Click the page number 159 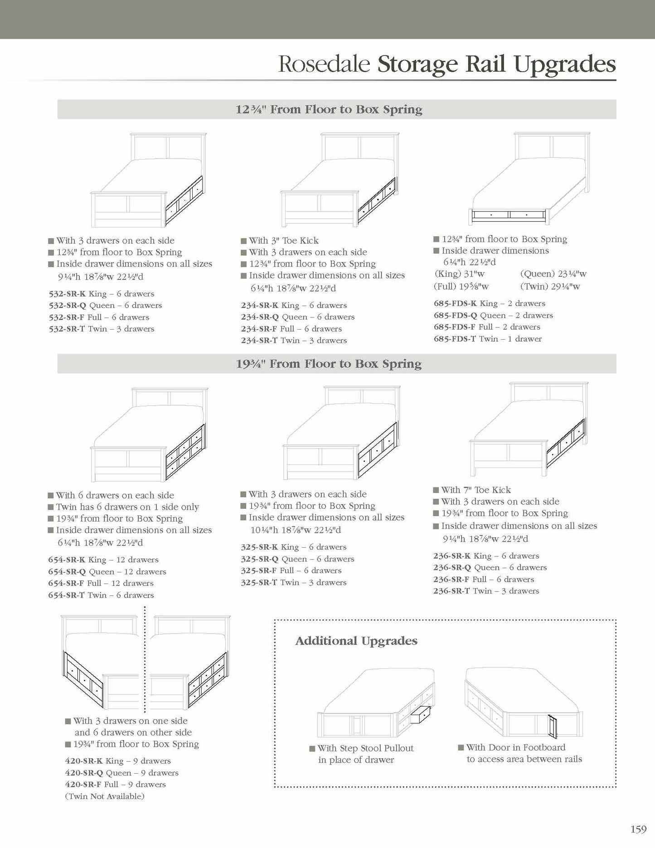638,829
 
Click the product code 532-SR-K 67,294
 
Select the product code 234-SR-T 259,341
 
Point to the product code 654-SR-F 66,583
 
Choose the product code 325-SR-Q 259,559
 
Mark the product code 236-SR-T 451,591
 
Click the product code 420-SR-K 84,761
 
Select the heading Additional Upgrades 356,641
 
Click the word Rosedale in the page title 324,64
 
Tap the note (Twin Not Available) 105,796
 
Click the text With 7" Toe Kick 476,490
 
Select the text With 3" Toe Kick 284,240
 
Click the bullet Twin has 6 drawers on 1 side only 127,507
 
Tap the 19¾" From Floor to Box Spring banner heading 329,364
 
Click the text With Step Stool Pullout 365,748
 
